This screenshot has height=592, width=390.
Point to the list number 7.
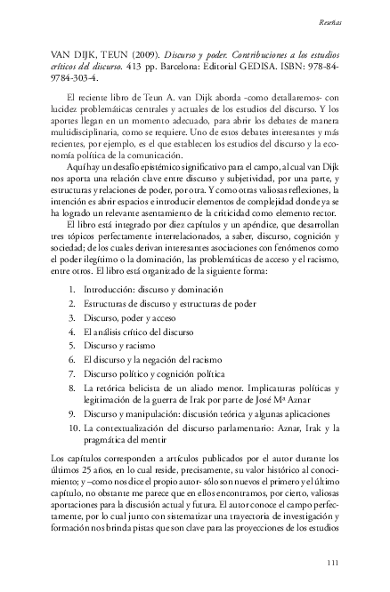click(71, 373)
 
